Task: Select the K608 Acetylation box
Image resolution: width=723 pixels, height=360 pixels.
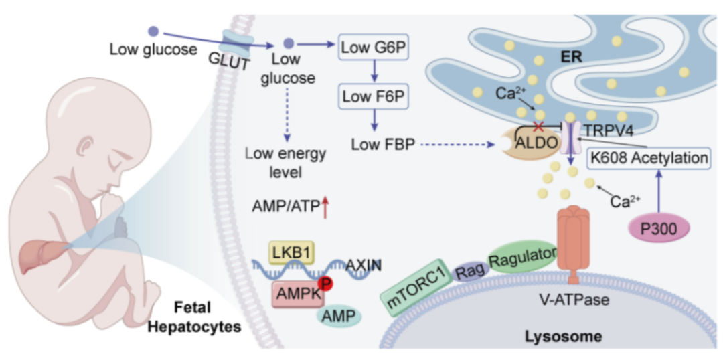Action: click(x=648, y=159)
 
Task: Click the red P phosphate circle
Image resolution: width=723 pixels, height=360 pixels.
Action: click(x=326, y=284)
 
